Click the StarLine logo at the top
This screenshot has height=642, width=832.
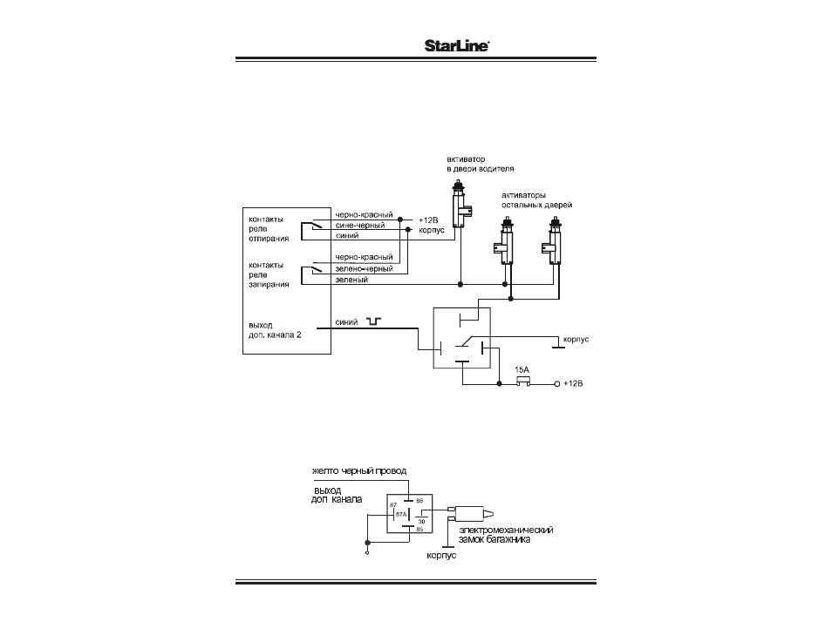pyautogui.click(x=456, y=45)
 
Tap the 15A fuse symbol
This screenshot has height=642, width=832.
pyautogui.click(x=523, y=382)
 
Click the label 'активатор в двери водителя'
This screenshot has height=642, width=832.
pyautogui.click(x=481, y=164)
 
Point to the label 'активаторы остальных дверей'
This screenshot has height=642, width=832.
pyautogui.click(x=537, y=199)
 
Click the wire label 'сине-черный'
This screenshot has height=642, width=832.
pyautogui.click(x=360, y=226)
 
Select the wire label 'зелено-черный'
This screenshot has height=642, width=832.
pyautogui.click(x=364, y=269)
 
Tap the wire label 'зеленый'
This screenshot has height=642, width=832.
pyautogui.click(x=351, y=280)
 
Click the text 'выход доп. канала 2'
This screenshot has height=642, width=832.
pyautogui.click(x=275, y=330)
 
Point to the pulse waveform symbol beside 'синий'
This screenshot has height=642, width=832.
pyautogui.click(x=373, y=321)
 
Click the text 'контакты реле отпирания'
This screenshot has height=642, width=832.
pyautogui.click(x=269, y=229)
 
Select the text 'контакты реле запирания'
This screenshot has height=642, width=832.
pyautogui.click(x=269, y=274)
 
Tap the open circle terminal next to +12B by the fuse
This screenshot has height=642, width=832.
pyautogui.click(x=557, y=383)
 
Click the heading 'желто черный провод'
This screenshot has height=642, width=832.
pyautogui.click(x=359, y=470)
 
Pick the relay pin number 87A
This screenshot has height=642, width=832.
pyautogui.click(x=400, y=514)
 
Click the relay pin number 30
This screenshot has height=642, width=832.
pyautogui.click(x=422, y=522)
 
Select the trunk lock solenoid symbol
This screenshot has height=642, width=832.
pyautogui.click(x=472, y=513)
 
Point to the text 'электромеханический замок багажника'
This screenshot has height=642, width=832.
pyautogui.click(x=506, y=534)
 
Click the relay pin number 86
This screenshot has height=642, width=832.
pyautogui.click(x=419, y=501)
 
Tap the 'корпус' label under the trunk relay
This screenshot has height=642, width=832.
pyautogui.click(x=441, y=556)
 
